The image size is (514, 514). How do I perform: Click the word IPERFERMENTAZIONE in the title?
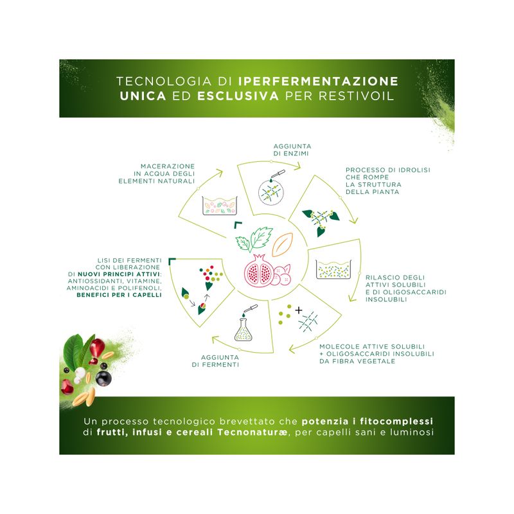click(x=318, y=82)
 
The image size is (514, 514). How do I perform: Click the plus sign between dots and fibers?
click(x=298, y=310)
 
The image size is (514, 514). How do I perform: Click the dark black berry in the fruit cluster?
click(x=103, y=378)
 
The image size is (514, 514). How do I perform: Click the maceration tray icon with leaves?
click(x=220, y=206)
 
